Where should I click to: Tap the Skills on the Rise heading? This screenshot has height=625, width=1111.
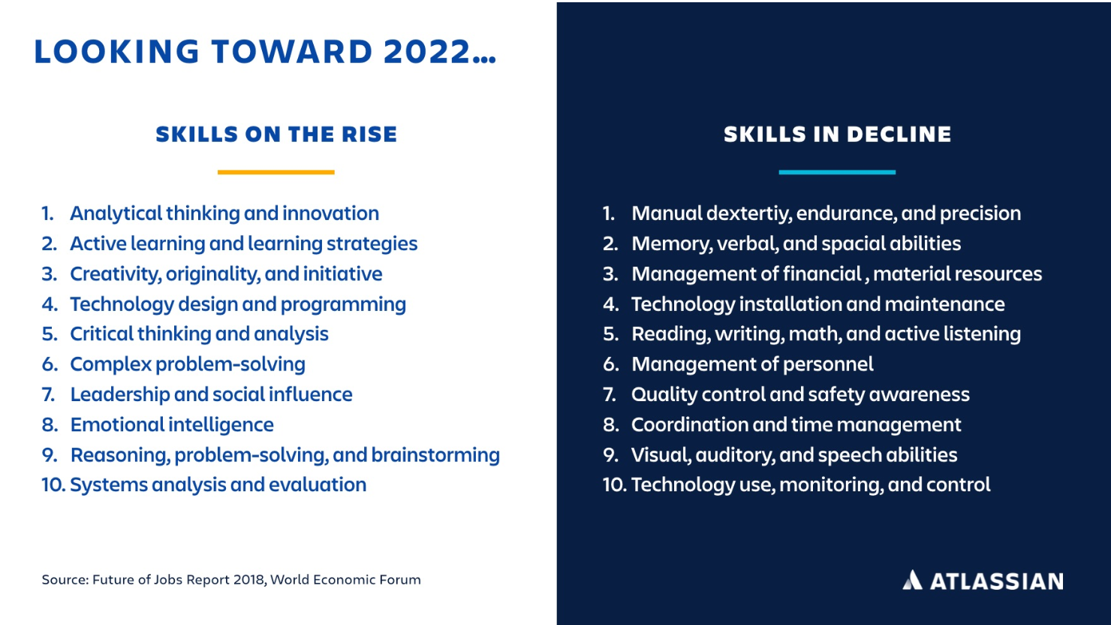point(276,134)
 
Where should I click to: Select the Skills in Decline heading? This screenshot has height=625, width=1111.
point(837,134)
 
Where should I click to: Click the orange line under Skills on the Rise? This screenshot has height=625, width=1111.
point(275,172)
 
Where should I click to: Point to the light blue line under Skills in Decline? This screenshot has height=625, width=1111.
point(837,172)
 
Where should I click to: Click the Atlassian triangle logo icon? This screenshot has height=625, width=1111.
point(912,580)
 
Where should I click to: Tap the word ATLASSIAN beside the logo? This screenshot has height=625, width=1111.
point(996,581)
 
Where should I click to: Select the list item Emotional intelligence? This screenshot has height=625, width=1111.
point(172,425)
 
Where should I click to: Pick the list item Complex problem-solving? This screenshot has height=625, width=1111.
point(188,364)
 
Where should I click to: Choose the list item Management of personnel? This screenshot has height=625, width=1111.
point(752,364)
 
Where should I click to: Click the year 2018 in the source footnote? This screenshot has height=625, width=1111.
point(249,580)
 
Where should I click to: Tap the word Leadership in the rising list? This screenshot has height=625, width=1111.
point(119,394)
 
